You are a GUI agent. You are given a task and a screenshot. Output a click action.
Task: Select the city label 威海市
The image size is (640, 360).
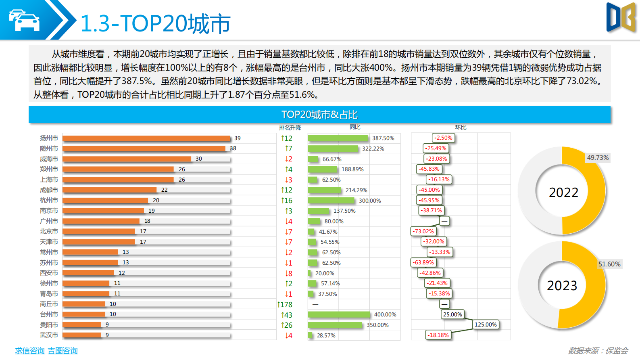point(49,159)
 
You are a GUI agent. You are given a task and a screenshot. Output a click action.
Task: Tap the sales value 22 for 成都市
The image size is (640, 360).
point(165,190)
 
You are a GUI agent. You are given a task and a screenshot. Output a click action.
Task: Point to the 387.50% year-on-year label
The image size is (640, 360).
point(383,138)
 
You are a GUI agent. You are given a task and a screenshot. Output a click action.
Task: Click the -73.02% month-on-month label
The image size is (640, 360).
point(423,231)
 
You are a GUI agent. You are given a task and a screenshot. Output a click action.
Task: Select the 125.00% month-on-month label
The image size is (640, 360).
point(486,324)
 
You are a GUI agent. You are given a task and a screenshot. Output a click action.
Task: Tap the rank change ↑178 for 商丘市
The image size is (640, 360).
point(285,305)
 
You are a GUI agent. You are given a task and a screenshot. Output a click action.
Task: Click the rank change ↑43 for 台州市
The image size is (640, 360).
point(287,315)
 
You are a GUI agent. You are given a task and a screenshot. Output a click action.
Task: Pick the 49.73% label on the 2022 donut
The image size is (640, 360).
point(598,157)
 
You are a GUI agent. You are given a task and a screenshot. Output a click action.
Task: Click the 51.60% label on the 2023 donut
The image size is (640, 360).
point(609,264)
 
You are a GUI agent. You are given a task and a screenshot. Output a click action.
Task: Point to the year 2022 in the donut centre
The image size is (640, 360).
point(563,193)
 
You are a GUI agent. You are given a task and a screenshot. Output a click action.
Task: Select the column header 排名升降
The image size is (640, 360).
point(290,128)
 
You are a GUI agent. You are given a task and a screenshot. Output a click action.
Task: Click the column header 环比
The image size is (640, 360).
point(461,127)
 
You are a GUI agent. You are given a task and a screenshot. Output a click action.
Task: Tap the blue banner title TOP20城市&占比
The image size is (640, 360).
point(319,115)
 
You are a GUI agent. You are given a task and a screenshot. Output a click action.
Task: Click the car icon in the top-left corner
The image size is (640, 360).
point(25,20)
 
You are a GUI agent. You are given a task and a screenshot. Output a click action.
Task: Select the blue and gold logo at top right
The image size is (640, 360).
point(621,17)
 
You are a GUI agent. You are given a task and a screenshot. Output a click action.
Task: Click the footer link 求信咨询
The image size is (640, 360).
point(30,351)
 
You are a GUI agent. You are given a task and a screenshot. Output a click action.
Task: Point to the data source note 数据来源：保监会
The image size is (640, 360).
point(598,351)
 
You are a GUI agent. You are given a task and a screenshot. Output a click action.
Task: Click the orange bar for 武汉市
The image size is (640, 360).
point(82,335)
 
